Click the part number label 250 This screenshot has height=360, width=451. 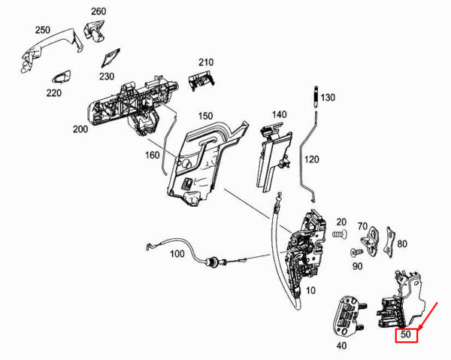[43, 30]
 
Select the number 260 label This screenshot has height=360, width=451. [98, 11]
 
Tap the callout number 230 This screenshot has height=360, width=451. [107, 77]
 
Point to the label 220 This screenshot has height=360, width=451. [54, 93]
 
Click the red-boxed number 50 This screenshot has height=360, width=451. [406, 334]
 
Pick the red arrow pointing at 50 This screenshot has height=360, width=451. [428, 316]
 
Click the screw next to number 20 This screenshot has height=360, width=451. [340, 234]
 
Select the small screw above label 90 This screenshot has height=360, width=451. [356, 253]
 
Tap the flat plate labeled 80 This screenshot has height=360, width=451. [390, 242]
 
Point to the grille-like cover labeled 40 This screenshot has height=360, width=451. [347, 316]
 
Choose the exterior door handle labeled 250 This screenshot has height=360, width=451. [50, 50]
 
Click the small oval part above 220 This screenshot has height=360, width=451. [61, 77]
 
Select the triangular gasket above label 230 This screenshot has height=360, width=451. [110, 58]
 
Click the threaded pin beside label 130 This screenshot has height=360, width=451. [316, 97]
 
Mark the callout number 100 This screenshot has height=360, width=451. [177, 254]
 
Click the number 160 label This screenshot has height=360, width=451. [152, 156]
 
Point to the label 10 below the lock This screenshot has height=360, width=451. [310, 291]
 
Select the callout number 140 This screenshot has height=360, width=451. [280, 115]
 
